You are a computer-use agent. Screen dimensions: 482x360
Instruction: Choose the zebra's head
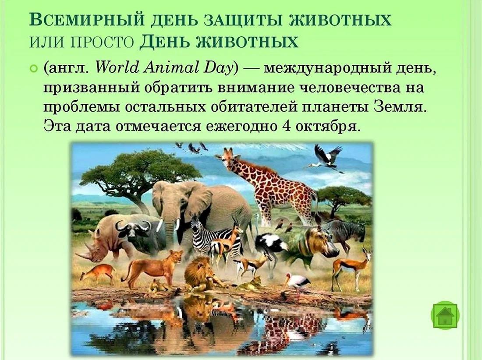click(x=196, y=228)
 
